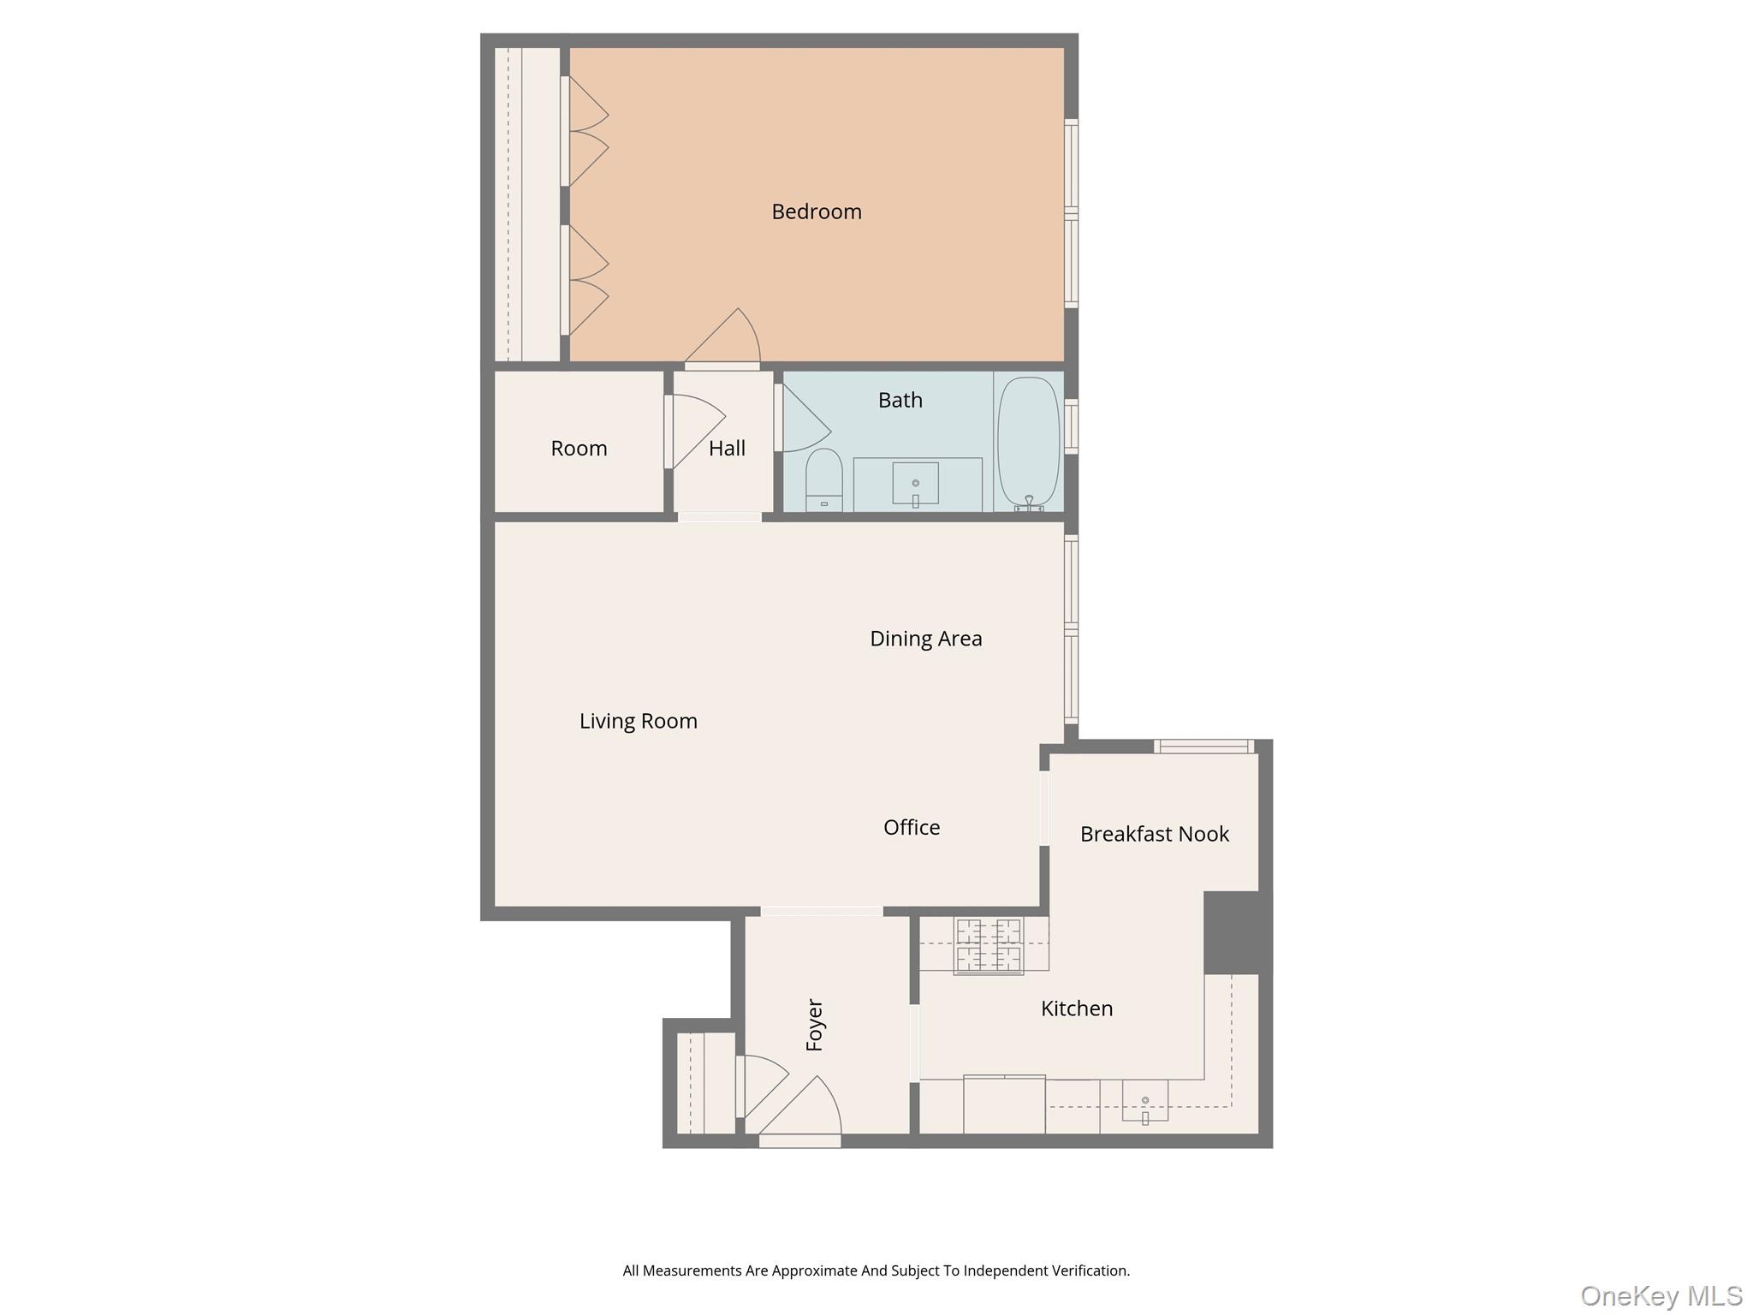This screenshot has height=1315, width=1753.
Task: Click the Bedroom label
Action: (x=816, y=211)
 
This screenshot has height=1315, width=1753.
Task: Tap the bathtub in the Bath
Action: (x=1028, y=442)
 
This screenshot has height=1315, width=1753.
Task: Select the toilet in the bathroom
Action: (x=823, y=480)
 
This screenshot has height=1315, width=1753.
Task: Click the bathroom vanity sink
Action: (x=915, y=485)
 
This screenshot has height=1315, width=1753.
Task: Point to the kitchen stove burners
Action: (x=988, y=946)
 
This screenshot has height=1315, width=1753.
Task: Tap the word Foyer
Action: (x=815, y=1025)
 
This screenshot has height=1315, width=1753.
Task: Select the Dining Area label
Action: (x=925, y=639)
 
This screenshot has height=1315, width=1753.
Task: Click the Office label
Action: (x=911, y=827)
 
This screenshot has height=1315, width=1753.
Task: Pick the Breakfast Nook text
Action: (x=1154, y=834)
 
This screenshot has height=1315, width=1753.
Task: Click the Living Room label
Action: (x=638, y=721)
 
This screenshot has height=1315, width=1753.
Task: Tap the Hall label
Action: (x=727, y=449)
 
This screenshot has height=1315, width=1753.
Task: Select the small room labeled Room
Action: (x=579, y=448)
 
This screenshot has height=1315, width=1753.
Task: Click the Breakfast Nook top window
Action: (x=1203, y=747)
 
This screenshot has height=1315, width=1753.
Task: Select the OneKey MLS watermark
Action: (x=1661, y=1295)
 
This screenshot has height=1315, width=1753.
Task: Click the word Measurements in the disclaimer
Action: (x=692, y=1270)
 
